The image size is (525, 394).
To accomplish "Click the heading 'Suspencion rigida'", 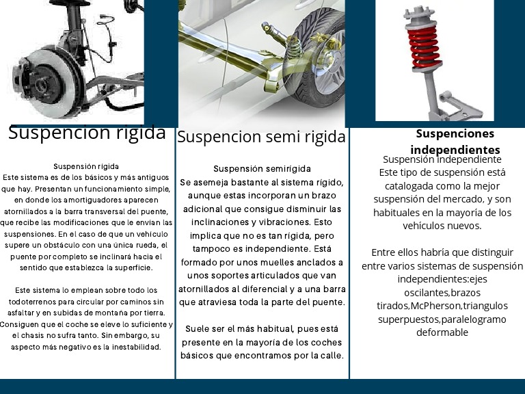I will tap(87, 133).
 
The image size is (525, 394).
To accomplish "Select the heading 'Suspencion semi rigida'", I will tap(261, 137).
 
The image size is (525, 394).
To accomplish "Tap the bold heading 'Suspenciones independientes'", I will tap(455, 142).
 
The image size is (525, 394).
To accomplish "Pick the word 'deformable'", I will tap(442, 332).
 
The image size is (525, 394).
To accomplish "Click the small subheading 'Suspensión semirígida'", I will tap(262, 168).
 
